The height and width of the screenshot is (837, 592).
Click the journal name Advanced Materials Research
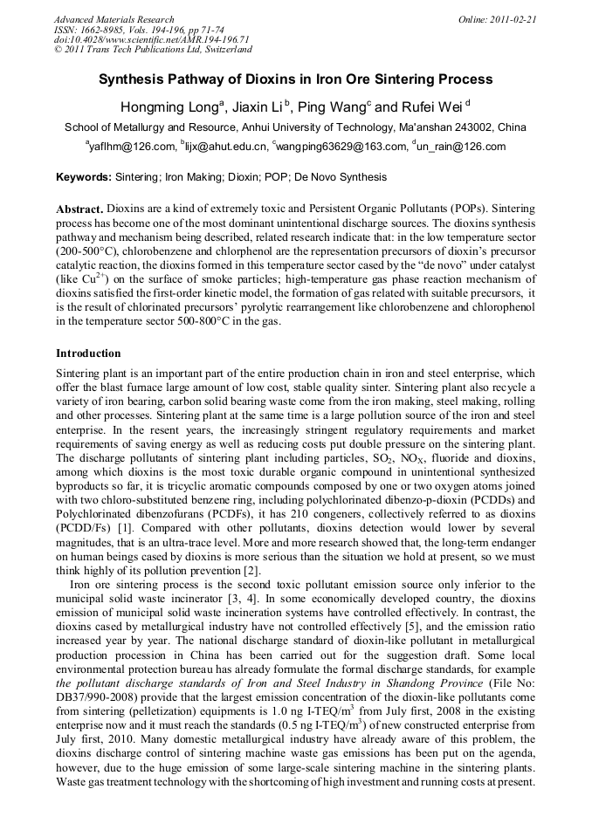click(x=114, y=19)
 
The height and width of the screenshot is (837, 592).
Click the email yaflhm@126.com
click(x=131, y=147)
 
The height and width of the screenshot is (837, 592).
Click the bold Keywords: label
click(x=84, y=177)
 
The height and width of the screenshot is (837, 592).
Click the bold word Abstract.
click(x=80, y=210)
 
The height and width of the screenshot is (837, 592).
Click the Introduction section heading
click(x=88, y=353)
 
